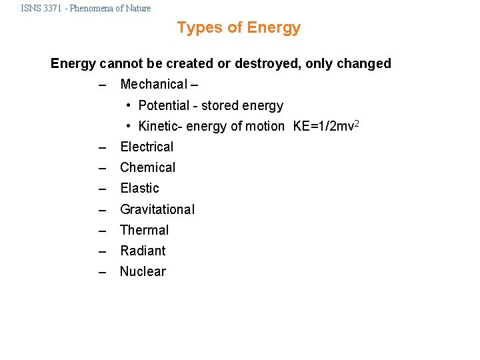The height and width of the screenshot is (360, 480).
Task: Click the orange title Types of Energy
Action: [x=239, y=28]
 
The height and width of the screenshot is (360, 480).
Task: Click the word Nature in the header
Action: [x=136, y=9]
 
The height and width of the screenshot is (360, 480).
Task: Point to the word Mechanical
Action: [x=153, y=85]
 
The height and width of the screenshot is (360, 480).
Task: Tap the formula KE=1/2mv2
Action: [x=326, y=126]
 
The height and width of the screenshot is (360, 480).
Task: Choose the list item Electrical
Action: [x=147, y=147]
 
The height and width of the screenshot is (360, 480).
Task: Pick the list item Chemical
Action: [x=147, y=168]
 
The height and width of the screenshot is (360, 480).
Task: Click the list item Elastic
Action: [x=139, y=189]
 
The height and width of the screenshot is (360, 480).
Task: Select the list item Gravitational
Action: [x=157, y=209]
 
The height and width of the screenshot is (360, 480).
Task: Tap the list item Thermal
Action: [x=144, y=231]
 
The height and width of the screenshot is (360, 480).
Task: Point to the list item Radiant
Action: [x=143, y=251]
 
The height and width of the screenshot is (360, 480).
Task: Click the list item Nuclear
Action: [x=143, y=272]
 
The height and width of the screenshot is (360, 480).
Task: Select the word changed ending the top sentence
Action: [x=364, y=64]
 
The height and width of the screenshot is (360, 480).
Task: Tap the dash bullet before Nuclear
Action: [x=102, y=272]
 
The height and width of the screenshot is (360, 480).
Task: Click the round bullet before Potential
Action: [x=129, y=106]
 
